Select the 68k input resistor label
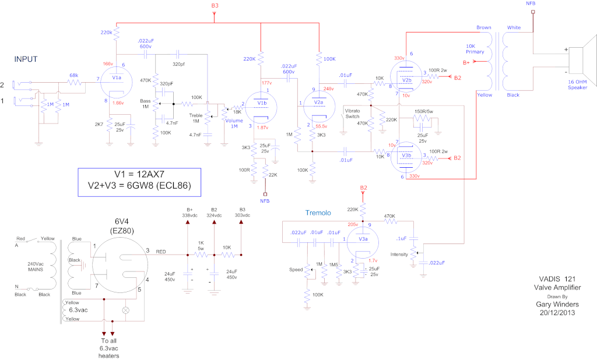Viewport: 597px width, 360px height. (x=74, y=75)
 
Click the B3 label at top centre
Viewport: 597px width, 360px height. (x=215, y=6)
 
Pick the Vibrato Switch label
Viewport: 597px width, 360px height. (x=356, y=113)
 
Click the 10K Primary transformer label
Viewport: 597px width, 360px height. (x=474, y=48)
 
